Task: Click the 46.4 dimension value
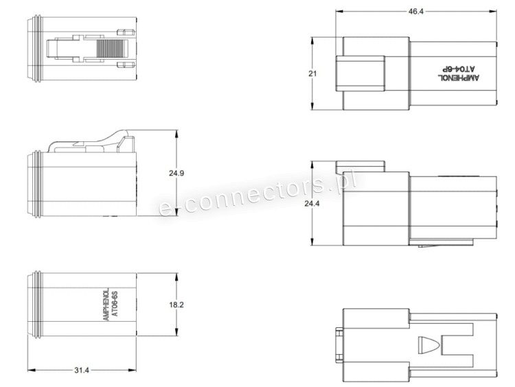416,12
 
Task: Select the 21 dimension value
312,73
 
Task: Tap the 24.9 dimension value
176,173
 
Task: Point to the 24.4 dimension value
312,204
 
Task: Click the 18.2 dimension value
176,305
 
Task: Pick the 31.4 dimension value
82,371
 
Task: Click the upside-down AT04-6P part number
458,69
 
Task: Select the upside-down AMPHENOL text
459,78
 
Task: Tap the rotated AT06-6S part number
115,303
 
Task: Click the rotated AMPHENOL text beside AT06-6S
106,305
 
